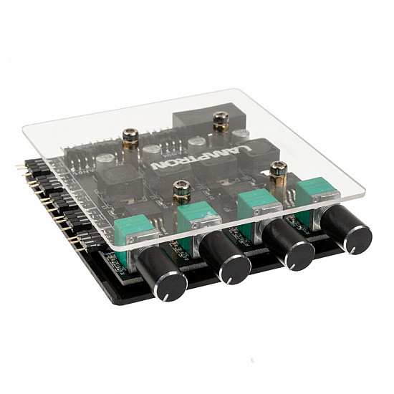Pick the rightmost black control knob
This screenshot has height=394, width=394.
(x=346, y=231)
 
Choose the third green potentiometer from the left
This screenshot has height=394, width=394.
(x=256, y=206)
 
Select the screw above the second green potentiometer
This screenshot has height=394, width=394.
(x=179, y=192)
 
